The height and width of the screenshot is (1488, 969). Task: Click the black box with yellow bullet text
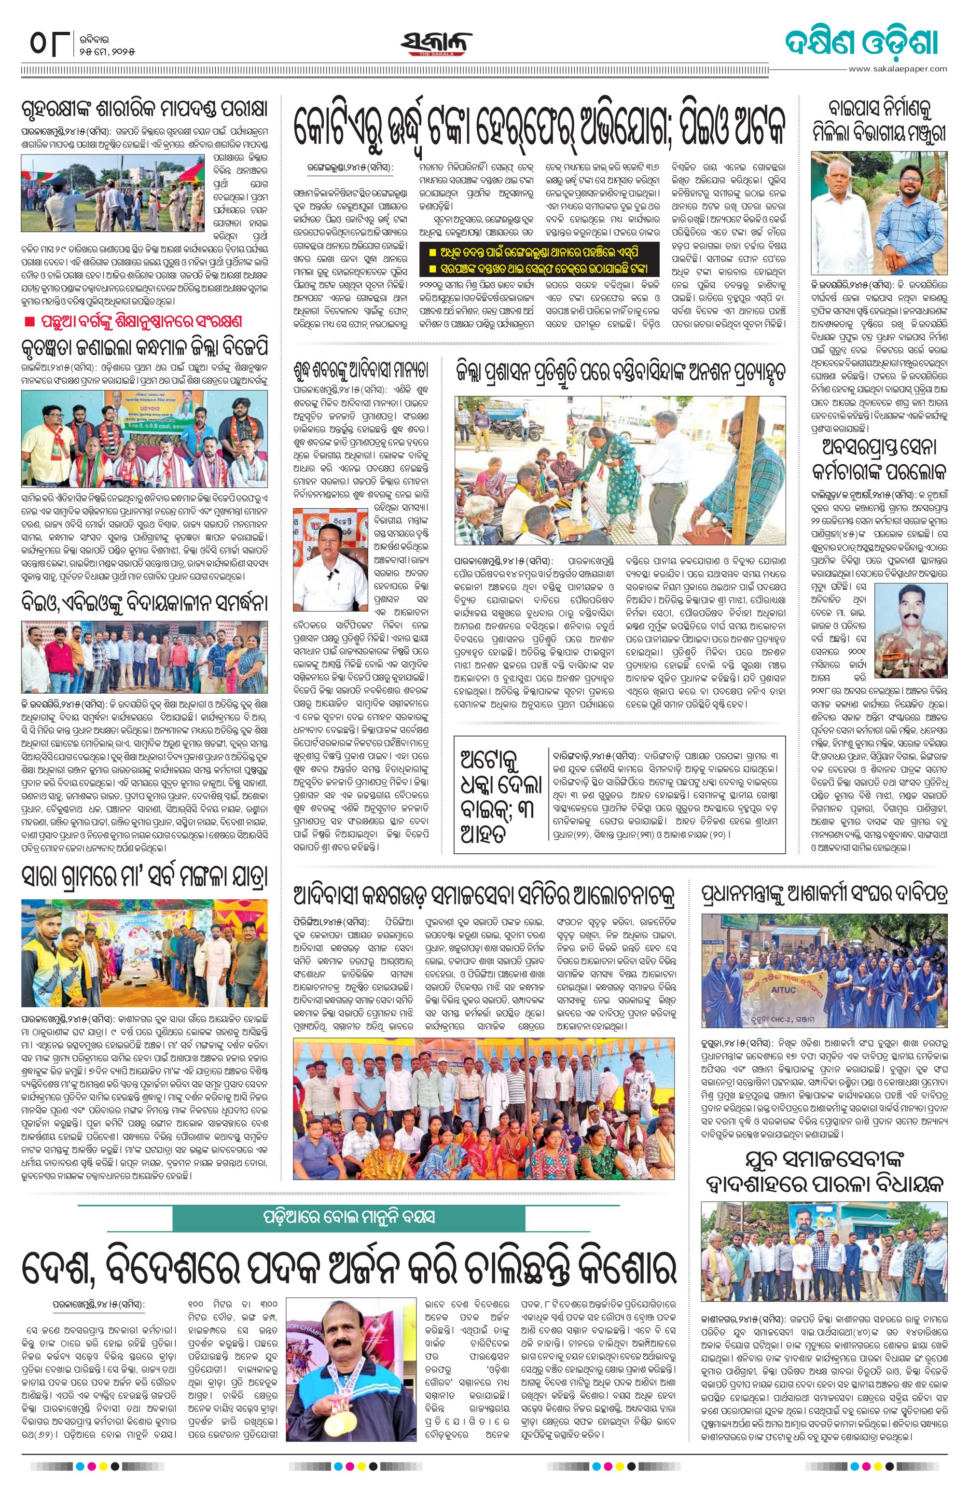click(540, 260)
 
